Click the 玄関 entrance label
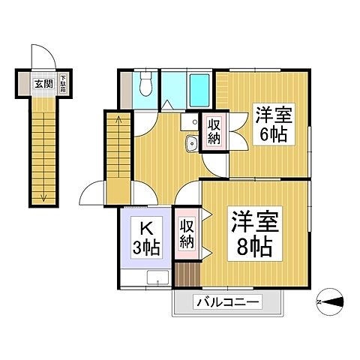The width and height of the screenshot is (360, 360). [43, 83]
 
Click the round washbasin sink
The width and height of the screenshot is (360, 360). [191, 144]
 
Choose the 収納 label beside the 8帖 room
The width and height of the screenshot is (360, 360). [187, 234]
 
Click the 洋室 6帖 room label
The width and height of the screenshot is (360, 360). [271, 124]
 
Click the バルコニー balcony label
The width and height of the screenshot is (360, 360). [229, 304]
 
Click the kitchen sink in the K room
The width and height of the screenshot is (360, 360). [157, 280]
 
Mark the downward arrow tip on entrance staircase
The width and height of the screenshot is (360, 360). [44, 199]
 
